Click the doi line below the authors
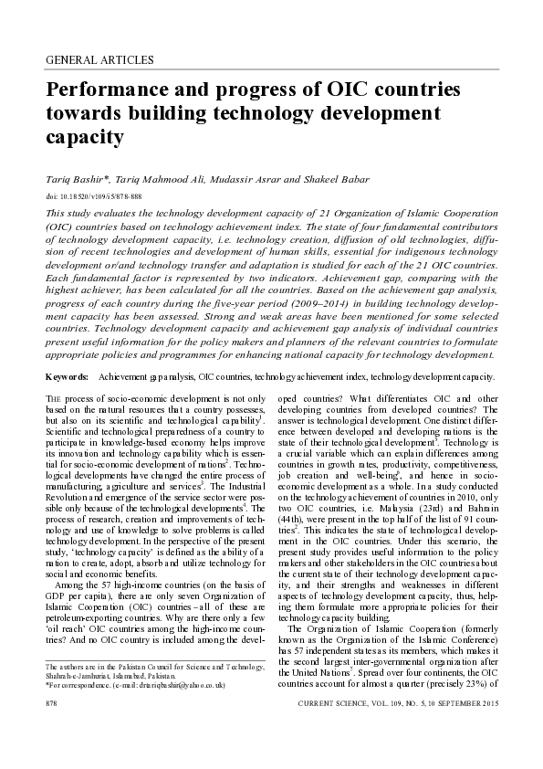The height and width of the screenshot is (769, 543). [91, 196]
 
